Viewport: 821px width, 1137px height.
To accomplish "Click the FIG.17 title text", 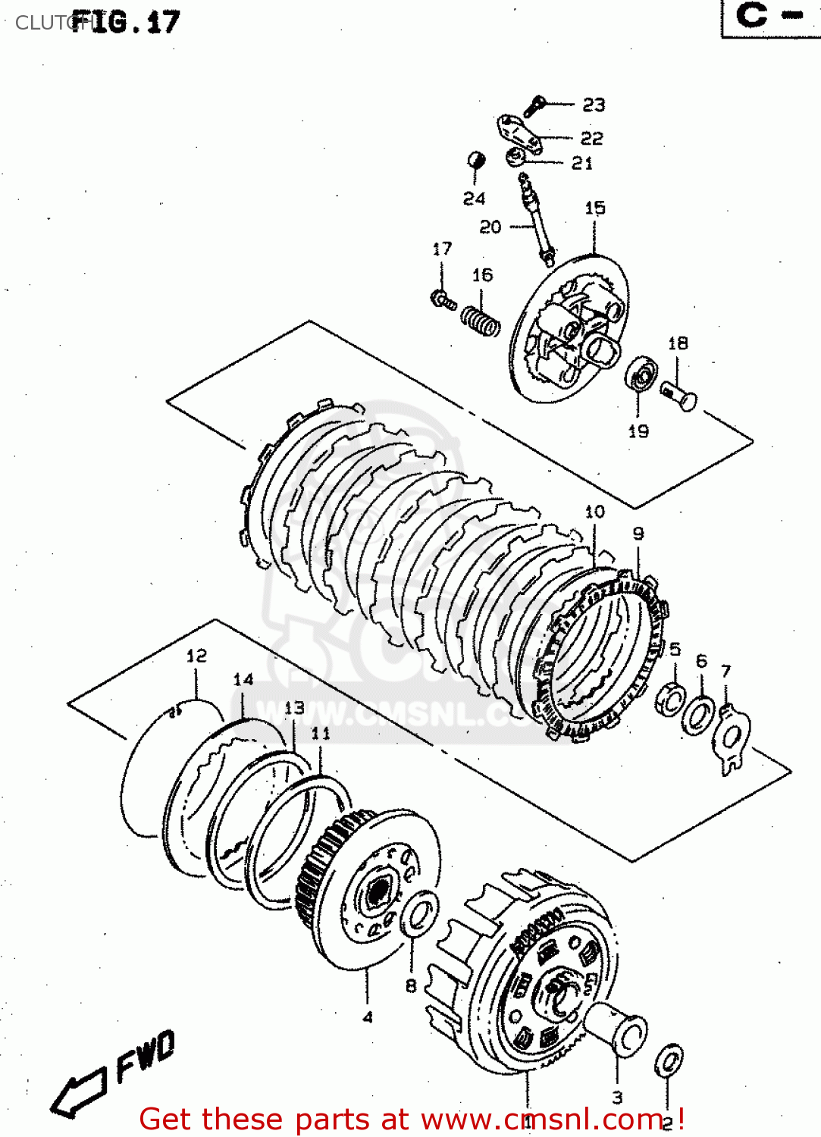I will (126, 21).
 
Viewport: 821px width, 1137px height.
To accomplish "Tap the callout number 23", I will (594, 105).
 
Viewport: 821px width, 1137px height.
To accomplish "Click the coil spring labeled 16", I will (481, 320).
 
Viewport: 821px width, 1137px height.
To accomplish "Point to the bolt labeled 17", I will (443, 300).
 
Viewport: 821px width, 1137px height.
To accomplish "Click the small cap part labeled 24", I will (475, 161).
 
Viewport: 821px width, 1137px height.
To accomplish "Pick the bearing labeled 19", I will (641, 375).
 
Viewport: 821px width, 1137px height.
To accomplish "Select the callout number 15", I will (595, 208).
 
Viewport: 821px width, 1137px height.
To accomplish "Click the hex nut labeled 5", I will (670, 698).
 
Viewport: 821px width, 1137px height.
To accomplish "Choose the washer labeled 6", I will (697, 715).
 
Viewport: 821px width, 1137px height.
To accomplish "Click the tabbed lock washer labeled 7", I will (732, 739).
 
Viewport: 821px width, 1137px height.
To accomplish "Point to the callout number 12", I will (196, 656).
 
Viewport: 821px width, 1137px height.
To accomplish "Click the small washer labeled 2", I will (669, 1060).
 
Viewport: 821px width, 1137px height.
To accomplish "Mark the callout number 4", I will (368, 1017).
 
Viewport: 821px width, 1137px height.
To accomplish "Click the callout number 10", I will (595, 512).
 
